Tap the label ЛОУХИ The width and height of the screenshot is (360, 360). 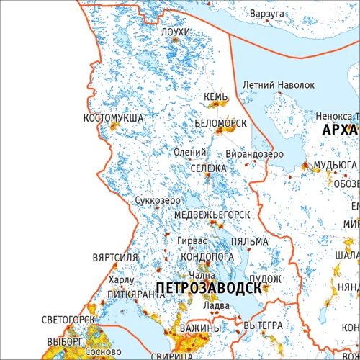pyautogui.click(x=176, y=33)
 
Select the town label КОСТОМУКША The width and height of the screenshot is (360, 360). pyautogui.click(x=113, y=117)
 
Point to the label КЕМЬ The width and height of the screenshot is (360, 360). pyautogui.click(x=216, y=97)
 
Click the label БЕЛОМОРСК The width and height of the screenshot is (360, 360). pyautogui.click(x=220, y=124)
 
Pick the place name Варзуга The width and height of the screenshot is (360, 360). pyautogui.click(x=266, y=14)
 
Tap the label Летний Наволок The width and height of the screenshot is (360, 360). pyautogui.click(x=279, y=85)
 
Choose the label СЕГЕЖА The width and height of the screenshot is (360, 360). pyautogui.click(x=209, y=168)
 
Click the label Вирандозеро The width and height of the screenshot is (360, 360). pyautogui.click(x=255, y=154)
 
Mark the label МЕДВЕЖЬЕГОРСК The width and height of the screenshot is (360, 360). pyautogui.click(x=212, y=215)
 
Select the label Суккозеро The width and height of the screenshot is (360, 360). pyautogui.click(x=158, y=201)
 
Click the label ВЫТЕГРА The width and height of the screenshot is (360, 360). pyautogui.click(x=264, y=325)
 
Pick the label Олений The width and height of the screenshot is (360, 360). pyautogui.click(x=189, y=152)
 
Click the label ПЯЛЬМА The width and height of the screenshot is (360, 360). pyautogui.click(x=250, y=241)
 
